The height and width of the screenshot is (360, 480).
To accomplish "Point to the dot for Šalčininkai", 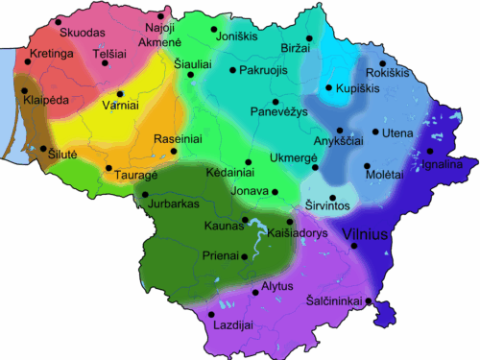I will [x=370, y=304].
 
